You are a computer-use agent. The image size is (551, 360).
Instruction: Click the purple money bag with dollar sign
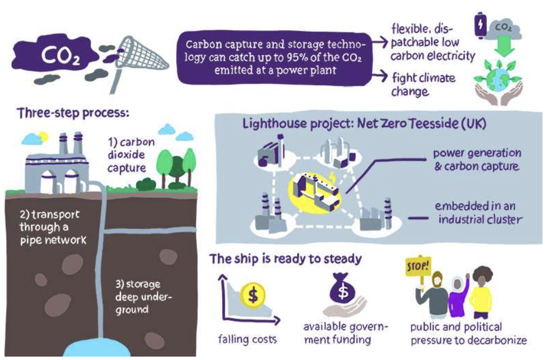pos(343,290)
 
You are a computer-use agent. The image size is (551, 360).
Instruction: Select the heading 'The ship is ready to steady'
pos(285,259)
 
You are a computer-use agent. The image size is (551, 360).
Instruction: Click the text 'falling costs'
pos(248,340)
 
